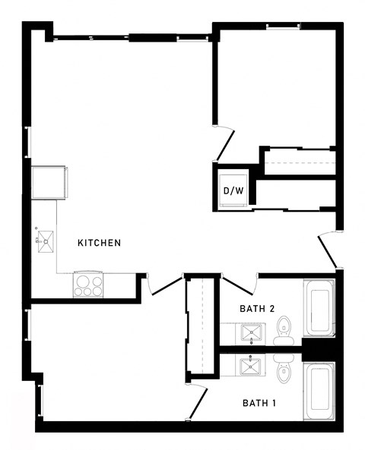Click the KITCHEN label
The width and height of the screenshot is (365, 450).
pos(100,243)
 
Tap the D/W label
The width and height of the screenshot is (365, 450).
pos(233,190)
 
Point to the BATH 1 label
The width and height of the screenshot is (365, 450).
pos(259,402)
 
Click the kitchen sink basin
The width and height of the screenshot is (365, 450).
pos(43,241)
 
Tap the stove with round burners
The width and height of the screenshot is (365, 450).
pos(88,285)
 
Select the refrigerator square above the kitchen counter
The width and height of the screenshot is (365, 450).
pos(49,183)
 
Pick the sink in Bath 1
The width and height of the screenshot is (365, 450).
pos(250,367)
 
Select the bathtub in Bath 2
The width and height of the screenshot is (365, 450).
pos(319,309)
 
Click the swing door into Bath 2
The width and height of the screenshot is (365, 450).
pos(236,288)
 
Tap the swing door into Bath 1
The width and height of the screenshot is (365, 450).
pos(196,402)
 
